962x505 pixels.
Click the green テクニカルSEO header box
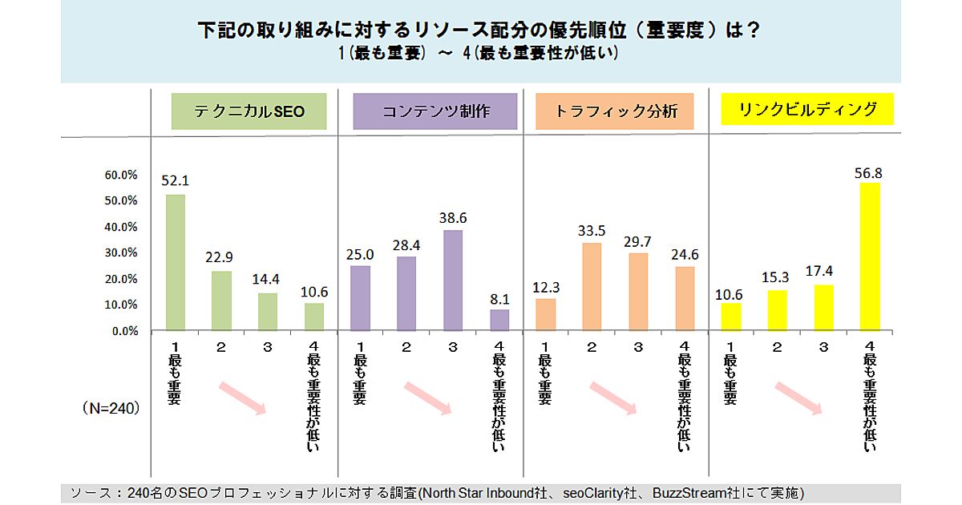(x=249, y=112)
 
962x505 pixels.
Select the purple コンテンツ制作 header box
(x=435, y=112)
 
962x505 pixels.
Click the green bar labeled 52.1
(x=175, y=262)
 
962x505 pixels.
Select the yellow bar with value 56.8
(x=869, y=257)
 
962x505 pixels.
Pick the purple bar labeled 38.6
(x=453, y=281)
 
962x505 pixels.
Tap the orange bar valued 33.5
(x=592, y=286)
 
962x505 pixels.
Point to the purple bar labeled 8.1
(x=499, y=320)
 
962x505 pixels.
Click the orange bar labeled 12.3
(x=545, y=314)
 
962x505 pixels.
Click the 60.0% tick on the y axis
(x=122, y=175)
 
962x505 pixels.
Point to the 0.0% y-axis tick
(x=125, y=330)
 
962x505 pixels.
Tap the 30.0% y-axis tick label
(x=122, y=252)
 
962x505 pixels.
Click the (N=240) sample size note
(x=111, y=408)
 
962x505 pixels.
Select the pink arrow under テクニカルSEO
(x=242, y=398)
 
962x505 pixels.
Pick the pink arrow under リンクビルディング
(x=799, y=398)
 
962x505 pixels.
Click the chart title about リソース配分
(x=479, y=30)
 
